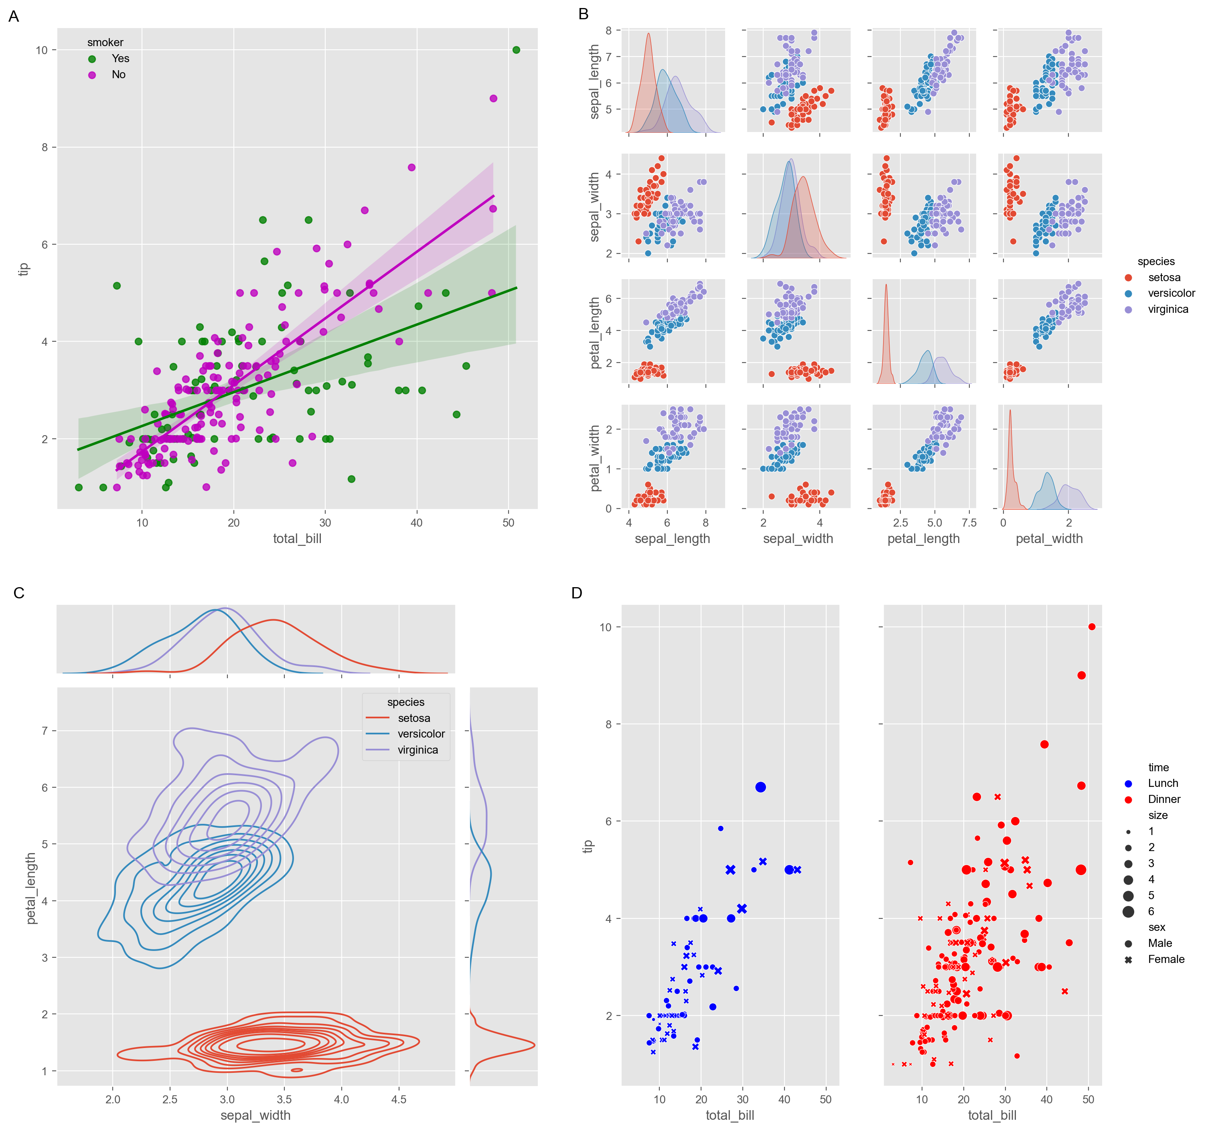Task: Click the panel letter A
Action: (x=13, y=16)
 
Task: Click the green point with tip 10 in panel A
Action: (x=516, y=50)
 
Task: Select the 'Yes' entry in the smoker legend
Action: (x=120, y=58)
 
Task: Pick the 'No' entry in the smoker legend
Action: (x=118, y=75)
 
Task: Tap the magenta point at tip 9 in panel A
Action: (x=493, y=98)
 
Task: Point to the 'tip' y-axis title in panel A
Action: (x=24, y=269)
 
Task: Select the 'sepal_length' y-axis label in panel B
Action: (x=594, y=81)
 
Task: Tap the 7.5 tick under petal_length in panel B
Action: (x=969, y=523)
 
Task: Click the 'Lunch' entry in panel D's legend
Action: (x=1162, y=783)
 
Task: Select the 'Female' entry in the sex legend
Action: (x=1165, y=959)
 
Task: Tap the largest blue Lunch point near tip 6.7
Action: (x=760, y=787)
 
